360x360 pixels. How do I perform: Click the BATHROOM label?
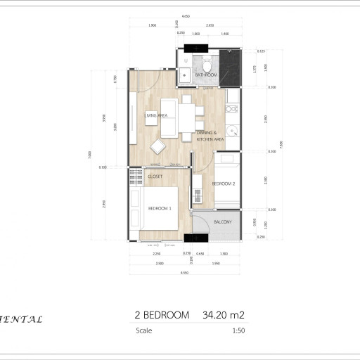pos(206,75)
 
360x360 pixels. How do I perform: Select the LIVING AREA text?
pos(155,115)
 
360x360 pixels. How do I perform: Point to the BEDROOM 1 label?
pos(160,209)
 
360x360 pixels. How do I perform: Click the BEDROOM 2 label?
pos(223,184)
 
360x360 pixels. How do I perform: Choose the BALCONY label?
pos(223,221)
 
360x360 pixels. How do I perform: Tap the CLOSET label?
pos(155,176)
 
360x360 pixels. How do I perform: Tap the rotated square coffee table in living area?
pos(159,146)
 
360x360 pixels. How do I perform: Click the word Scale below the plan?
pos(143,330)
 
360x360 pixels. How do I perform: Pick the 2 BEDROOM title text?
pos(162,316)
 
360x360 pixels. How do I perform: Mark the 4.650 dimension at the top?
pos(185,17)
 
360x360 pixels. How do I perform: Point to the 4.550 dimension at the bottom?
pos(184,272)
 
